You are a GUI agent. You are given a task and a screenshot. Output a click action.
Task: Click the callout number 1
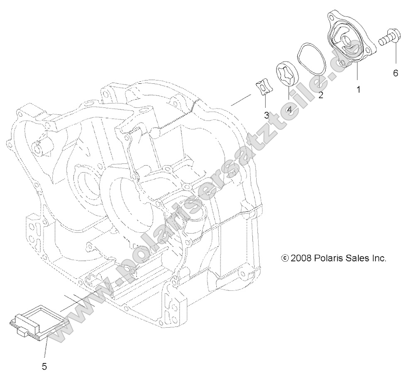point(359,89)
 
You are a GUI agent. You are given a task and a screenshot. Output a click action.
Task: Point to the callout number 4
point(289,110)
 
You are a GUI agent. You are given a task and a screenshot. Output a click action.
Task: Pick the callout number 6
point(395,73)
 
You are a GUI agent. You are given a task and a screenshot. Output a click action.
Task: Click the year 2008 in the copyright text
point(302,258)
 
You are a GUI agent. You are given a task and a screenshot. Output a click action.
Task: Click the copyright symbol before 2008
point(284,258)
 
